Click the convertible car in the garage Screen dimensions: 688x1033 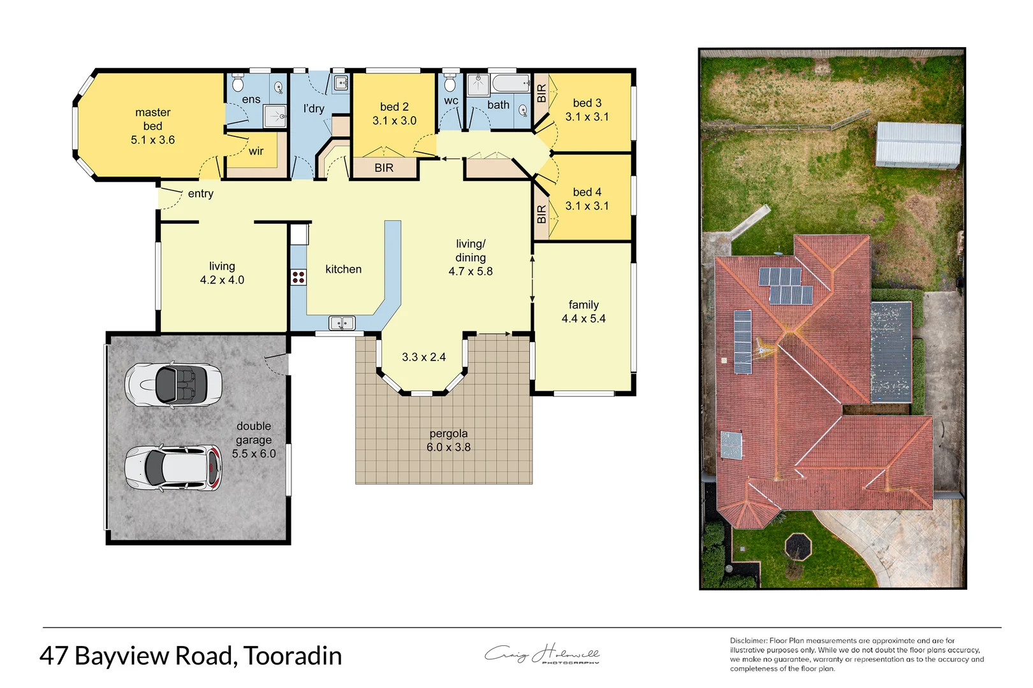tap(173, 385)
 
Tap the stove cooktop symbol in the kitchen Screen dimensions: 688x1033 tap(298, 277)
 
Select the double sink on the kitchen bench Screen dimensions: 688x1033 tap(342, 324)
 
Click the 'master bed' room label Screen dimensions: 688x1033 tap(152, 126)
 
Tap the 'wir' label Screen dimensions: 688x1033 tap(256, 152)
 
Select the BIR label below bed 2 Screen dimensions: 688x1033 tap(384, 168)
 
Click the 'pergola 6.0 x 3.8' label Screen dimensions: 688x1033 tap(448, 440)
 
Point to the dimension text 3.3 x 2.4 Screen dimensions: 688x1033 tap(423, 357)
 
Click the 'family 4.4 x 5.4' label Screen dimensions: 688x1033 tap(583, 312)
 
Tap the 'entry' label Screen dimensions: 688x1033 tap(200, 194)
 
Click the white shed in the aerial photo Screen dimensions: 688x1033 tap(918, 145)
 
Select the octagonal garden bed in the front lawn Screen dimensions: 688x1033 tap(798, 545)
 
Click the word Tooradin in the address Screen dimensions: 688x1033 tap(293, 656)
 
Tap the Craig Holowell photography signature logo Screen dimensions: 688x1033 tap(542, 654)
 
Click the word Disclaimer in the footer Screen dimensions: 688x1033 tap(748, 641)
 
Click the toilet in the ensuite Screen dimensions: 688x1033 tap(238, 83)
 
